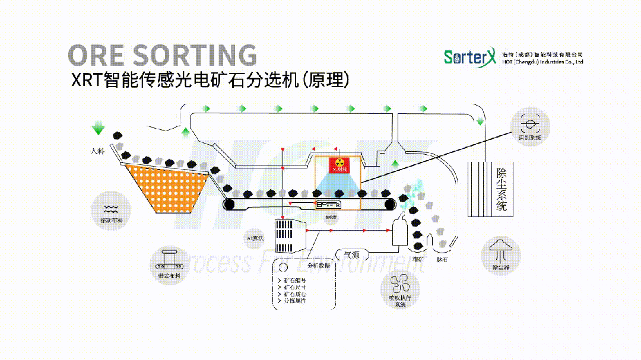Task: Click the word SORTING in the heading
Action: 195,55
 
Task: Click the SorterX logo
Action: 468,57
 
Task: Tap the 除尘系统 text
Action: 502,189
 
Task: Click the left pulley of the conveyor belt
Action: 230,205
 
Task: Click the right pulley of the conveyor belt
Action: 389,205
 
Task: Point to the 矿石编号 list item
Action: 294,280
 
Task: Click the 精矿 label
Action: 417,259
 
